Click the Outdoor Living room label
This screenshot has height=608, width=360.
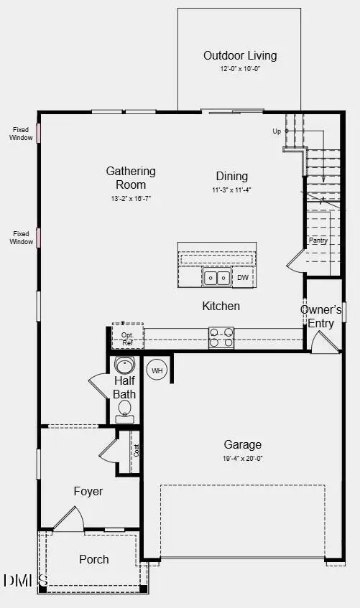click(x=239, y=55)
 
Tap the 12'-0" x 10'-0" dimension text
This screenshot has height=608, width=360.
click(x=239, y=70)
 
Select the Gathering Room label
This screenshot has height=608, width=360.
click(x=131, y=178)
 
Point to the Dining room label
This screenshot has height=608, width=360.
click(x=231, y=176)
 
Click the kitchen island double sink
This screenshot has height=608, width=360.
click(x=216, y=277)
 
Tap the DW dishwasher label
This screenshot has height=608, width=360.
click(x=243, y=277)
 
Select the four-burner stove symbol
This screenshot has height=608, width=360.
click(x=221, y=337)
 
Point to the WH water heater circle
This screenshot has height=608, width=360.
click(x=157, y=370)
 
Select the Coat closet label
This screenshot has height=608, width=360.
click(x=135, y=451)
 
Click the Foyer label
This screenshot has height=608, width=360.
click(x=88, y=492)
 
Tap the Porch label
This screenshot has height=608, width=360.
click(x=94, y=559)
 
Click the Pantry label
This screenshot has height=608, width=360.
click(x=318, y=240)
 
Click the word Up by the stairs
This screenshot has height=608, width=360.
click(x=277, y=131)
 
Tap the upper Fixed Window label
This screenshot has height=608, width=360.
click(x=21, y=134)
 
